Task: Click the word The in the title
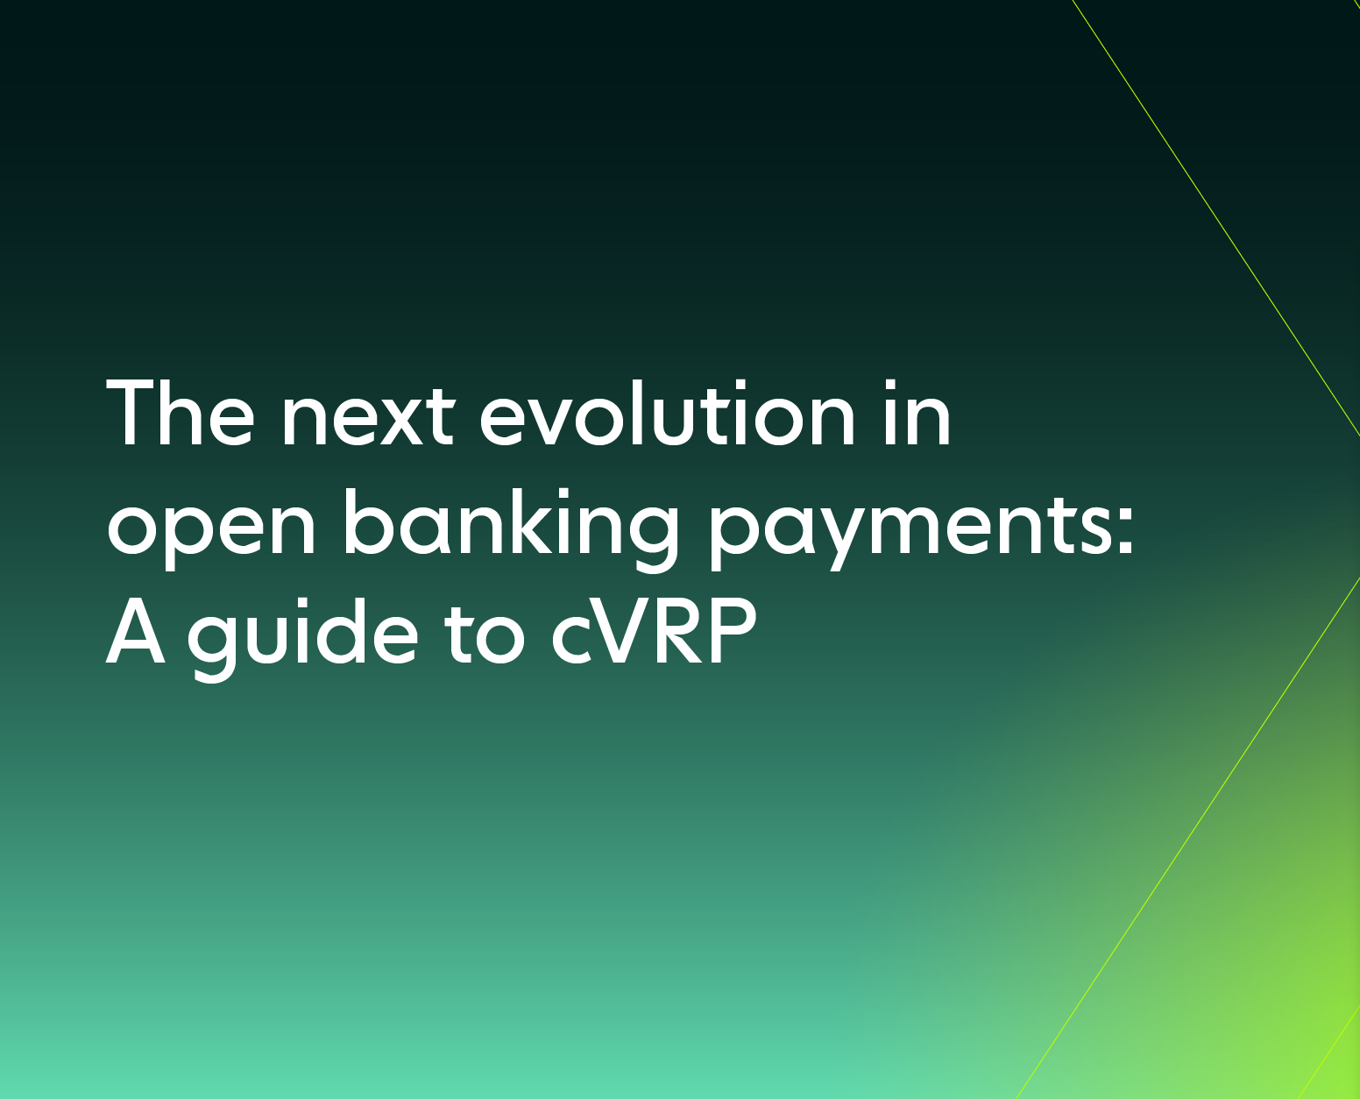click(x=180, y=412)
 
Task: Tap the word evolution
click(x=667, y=413)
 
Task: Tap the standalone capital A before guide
click(x=136, y=632)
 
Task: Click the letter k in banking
click(x=540, y=521)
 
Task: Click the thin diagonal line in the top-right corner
click(x=1216, y=218)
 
